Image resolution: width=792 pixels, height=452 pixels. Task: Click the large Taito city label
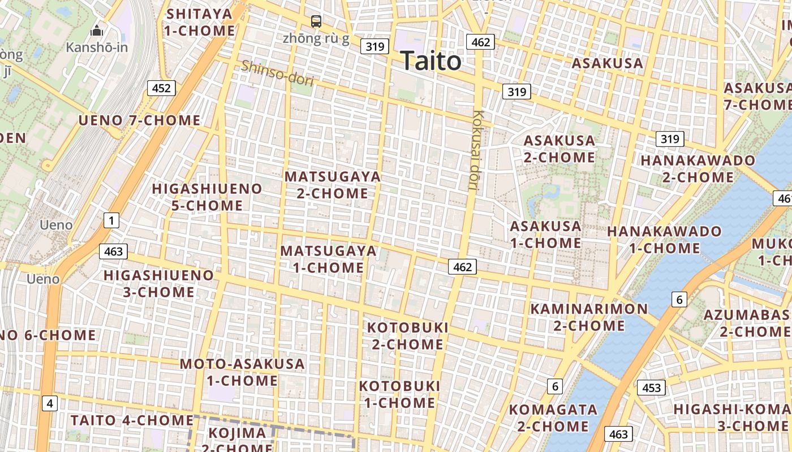[431, 61]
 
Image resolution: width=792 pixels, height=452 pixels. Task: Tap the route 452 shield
[161, 88]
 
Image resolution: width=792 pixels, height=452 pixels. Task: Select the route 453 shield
[651, 388]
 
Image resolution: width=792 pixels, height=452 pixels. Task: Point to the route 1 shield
[111, 220]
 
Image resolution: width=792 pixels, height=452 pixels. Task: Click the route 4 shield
[50, 403]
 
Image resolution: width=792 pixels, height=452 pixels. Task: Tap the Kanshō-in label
[97, 47]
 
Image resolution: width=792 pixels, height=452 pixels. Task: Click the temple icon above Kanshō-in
[97, 31]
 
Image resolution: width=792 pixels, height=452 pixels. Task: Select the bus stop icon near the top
[316, 21]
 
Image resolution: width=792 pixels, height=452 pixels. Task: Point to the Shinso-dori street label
[277, 73]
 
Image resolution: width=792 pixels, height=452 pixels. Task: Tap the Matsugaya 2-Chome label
[333, 185]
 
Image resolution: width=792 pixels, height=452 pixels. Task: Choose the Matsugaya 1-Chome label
[329, 259]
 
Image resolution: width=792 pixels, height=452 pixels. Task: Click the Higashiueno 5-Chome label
[207, 197]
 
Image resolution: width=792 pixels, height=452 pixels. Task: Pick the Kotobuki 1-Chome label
[399, 394]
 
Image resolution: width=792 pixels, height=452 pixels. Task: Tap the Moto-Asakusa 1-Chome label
[242, 372]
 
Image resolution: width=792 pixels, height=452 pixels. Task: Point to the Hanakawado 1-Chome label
[664, 240]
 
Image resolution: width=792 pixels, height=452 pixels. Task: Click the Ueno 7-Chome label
[139, 120]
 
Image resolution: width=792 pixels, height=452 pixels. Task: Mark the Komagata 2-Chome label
[553, 418]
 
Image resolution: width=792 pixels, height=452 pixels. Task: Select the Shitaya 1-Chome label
[199, 22]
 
